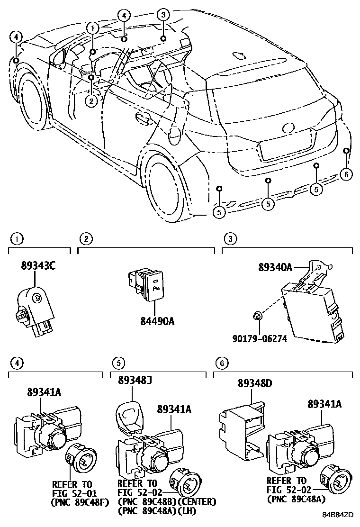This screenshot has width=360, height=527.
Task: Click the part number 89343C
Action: click(x=38, y=266)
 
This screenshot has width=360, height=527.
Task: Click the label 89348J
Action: click(x=136, y=380)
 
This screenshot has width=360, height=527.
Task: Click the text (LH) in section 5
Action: click(x=187, y=511)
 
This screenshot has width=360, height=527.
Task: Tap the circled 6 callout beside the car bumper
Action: click(x=346, y=174)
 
